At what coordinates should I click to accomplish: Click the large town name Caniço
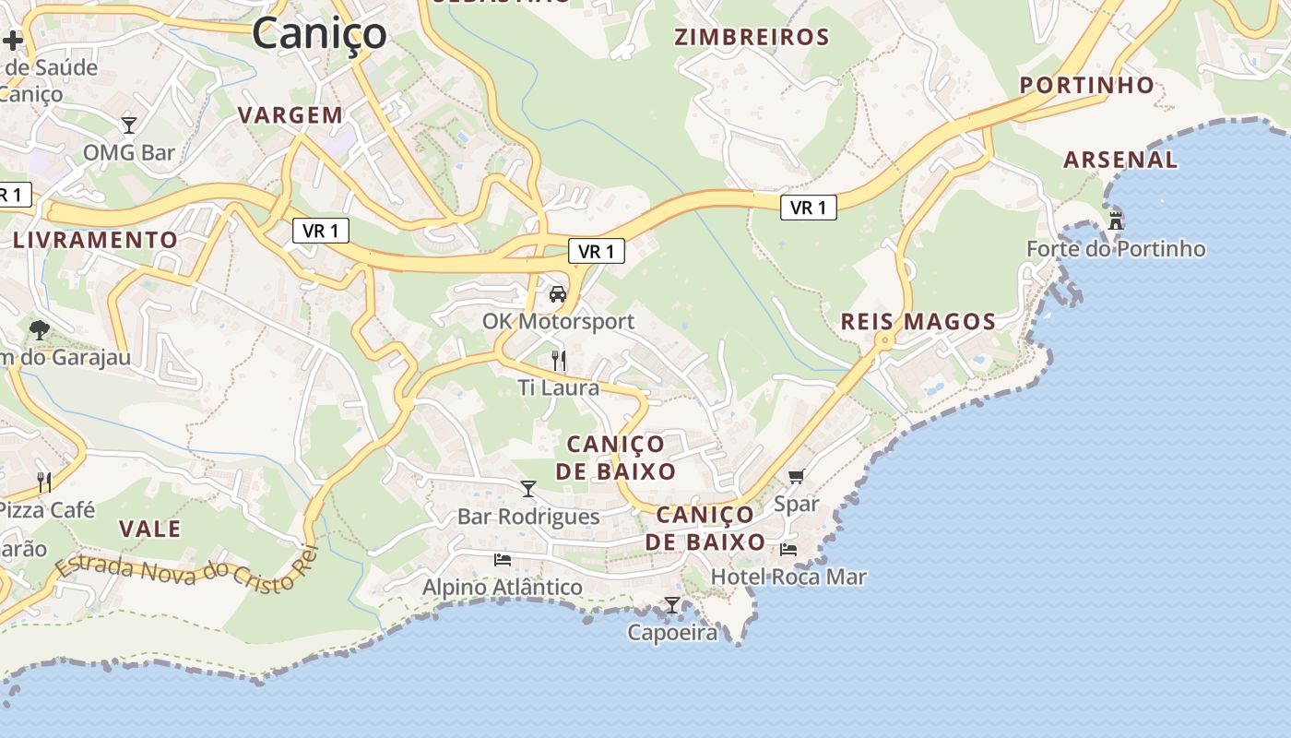(x=319, y=34)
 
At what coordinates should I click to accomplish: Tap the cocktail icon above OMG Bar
(x=129, y=125)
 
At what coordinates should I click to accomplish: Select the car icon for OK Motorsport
(x=557, y=294)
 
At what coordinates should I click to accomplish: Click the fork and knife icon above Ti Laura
(x=558, y=360)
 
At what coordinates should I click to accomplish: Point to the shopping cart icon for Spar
(x=796, y=477)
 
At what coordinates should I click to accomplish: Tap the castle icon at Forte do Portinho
(x=1116, y=220)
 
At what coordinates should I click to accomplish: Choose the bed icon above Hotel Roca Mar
(x=788, y=549)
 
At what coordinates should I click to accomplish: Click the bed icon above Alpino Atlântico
(x=503, y=559)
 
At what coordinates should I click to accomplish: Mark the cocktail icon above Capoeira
(x=672, y=605)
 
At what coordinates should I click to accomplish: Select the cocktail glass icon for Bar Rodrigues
(x=528, y=489)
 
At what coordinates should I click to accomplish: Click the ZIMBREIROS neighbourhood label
(x=752, y=38)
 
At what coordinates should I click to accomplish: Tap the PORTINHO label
(x=1087, y=86)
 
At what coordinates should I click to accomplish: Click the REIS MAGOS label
(x=918, y=322)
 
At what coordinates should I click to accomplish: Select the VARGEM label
(x=290, y=115)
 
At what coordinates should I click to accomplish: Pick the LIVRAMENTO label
(x=96, y=240)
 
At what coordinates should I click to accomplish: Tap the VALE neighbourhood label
(x=150, y=530)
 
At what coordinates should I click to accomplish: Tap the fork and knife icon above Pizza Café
(x=43, y=481)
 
